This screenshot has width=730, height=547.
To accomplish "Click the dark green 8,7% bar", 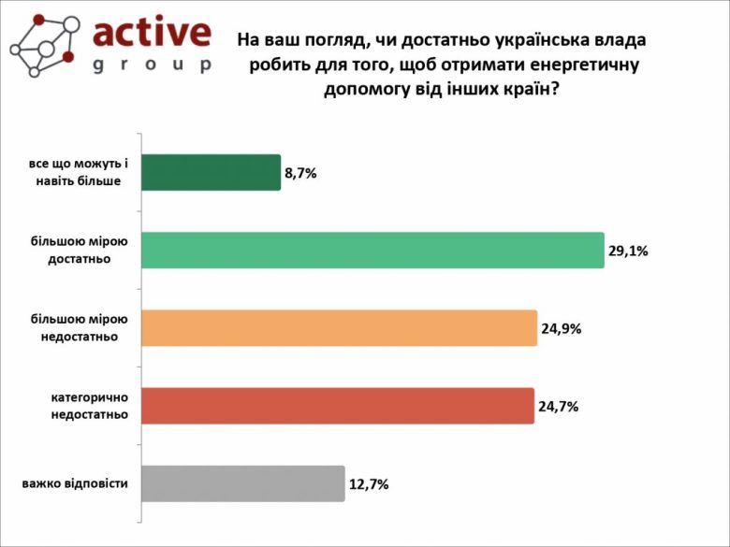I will coord(211,172).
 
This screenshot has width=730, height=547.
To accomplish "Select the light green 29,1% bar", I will coord(372,250).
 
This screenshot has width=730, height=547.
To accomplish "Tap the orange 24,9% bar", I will coord(339,327).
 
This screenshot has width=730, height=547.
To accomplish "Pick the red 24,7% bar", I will coord(337,406).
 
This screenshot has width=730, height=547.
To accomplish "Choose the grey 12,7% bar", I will coord(242,483).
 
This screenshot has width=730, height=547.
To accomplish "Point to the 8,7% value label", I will coord(300,173).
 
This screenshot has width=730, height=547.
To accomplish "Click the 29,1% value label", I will coord(628,251).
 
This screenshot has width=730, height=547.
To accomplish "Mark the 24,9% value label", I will coord(561,328).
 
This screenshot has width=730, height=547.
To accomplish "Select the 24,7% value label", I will coord(558,407).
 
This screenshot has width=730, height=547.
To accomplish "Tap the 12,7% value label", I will coord(369,484).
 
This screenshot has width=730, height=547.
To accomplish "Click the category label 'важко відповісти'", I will coord(75,483).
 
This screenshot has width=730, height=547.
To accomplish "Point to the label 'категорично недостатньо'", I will coord(89,406).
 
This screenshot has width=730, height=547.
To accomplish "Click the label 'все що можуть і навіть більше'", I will coord(81,172).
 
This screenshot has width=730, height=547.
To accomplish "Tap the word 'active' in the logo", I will coord(152,34).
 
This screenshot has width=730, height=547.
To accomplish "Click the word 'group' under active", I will coord(152,65).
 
